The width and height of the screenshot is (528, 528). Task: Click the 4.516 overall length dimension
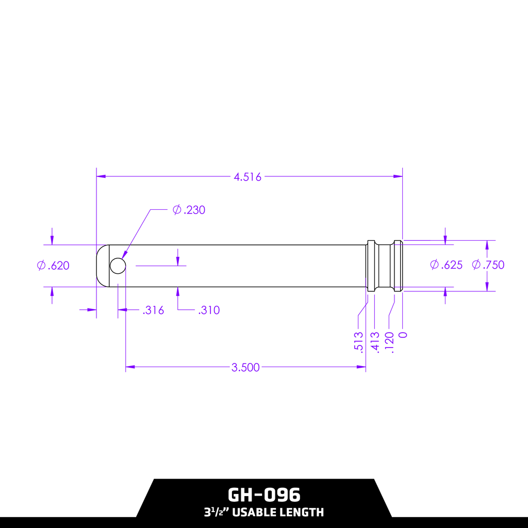click(247, 177)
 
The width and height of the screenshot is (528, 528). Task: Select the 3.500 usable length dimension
click(245, 368)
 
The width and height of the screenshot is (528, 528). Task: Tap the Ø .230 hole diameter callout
click(189, 210)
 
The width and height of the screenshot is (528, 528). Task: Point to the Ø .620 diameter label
click(53, 266)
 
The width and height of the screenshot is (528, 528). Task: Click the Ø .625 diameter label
click(447, 265)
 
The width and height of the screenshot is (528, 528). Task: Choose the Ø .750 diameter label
click(488, 265)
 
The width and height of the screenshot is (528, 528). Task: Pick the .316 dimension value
click(153, 310)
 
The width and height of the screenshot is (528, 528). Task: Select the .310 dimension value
click(209, 310)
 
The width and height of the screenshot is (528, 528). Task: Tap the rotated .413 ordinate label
click(375, 341)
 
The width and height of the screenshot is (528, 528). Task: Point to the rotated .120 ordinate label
click(389, 341)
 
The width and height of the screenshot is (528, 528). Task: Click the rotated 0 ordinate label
click(403, 335)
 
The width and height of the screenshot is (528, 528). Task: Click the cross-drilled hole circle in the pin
click(118, 266)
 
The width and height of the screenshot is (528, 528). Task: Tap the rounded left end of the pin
click(102, 266)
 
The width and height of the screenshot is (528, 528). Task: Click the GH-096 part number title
click(263, 495)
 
